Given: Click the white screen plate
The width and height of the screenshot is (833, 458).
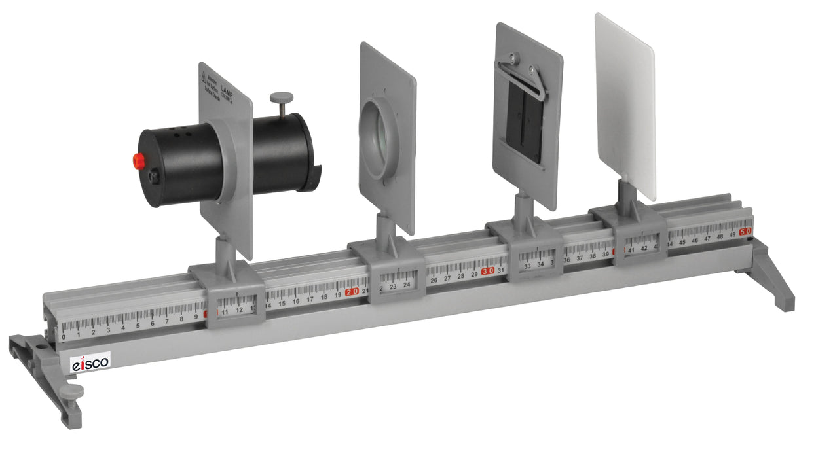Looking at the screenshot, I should [623, 105].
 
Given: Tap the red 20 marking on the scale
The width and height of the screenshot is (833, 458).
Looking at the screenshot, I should [352, 292].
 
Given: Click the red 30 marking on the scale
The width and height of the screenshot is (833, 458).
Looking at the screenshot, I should [487, 271].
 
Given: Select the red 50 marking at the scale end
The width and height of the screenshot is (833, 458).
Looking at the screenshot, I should [745, 232].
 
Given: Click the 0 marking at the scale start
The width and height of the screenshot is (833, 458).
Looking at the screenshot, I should [64, 337].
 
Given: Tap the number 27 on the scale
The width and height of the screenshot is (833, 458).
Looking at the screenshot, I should [447, 278].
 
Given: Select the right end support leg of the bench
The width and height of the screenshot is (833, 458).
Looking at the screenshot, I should [773, 275].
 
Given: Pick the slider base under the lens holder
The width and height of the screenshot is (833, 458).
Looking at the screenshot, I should [396, 272].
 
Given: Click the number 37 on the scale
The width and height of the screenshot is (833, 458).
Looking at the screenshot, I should [580, 258].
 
